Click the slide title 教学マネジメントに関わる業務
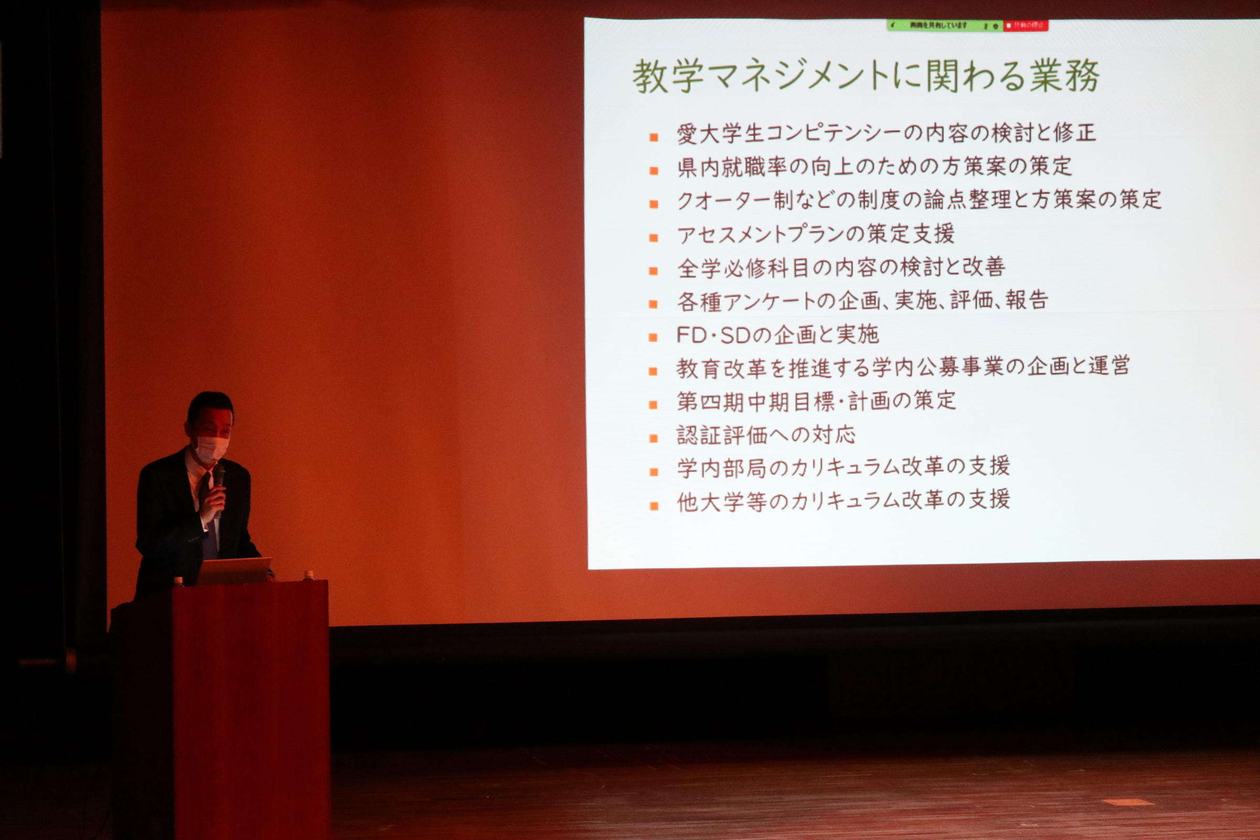866,76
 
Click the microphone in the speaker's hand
218,477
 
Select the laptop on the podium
234,571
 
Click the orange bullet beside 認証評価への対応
653,438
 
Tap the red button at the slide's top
1025,25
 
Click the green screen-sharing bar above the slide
944,25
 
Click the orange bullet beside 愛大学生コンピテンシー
653,137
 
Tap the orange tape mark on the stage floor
1128,802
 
